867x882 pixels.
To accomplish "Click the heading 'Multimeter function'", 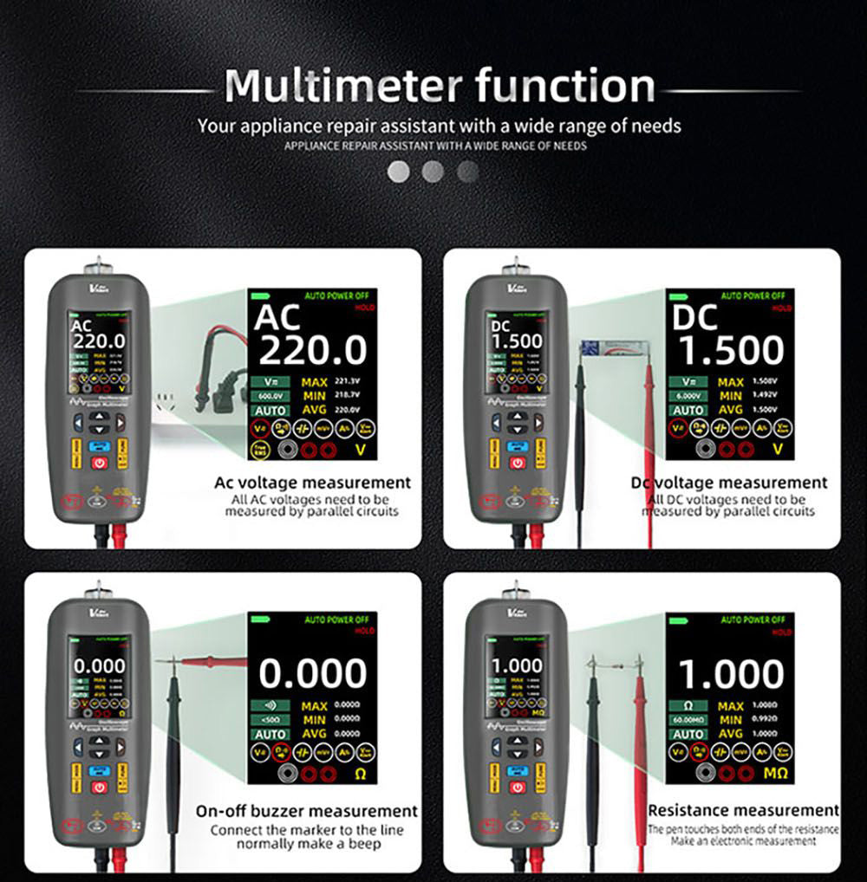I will pos(440,86).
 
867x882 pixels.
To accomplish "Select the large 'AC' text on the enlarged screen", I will pos(277,317).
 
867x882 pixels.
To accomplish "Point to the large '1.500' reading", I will pos(731,350).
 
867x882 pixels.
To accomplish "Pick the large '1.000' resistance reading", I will pos(731,673).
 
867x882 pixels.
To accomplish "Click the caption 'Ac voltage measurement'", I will pos(312,483).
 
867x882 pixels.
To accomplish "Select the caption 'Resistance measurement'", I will pos(743,811).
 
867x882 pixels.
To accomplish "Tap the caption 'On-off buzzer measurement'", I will pos(306,812).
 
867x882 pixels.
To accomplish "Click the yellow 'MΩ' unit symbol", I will pos(771,773).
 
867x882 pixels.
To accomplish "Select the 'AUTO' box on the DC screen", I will pos(689,410).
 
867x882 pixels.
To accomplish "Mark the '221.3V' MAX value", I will pos(346,381).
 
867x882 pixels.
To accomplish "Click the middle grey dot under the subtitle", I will pos(433,172).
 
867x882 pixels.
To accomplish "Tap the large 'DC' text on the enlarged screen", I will pos(695,317).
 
